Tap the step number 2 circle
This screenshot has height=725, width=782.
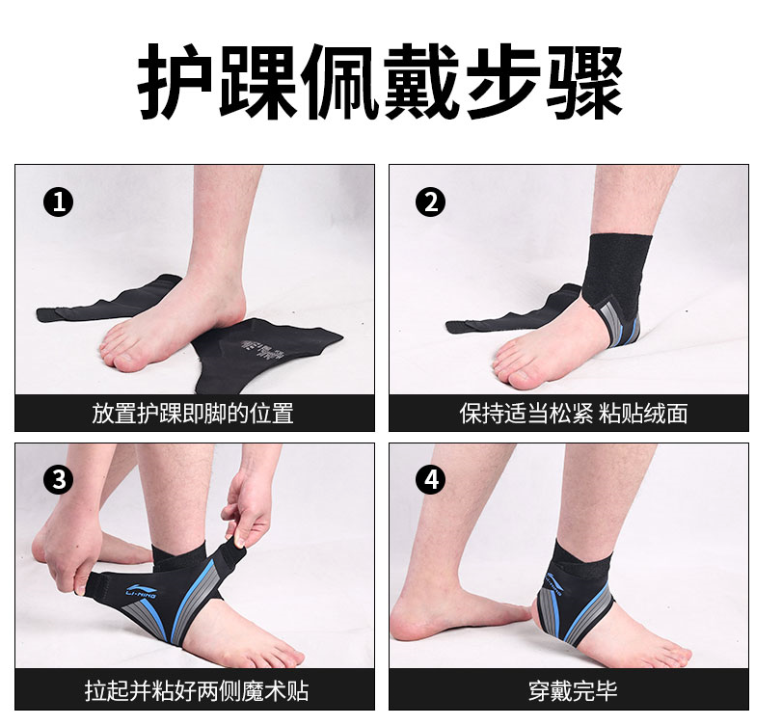(430, 202)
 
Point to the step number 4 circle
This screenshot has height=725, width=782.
(430, 479)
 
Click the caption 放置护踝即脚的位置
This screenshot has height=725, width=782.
(193, 414)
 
